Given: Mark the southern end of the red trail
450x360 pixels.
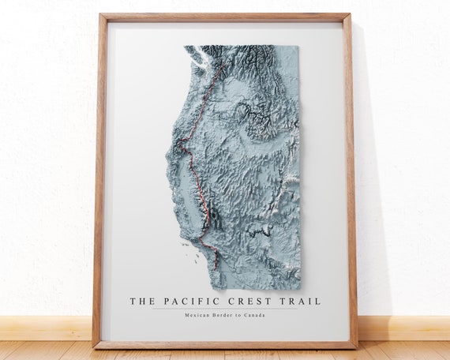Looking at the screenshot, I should tap(217, 265).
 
